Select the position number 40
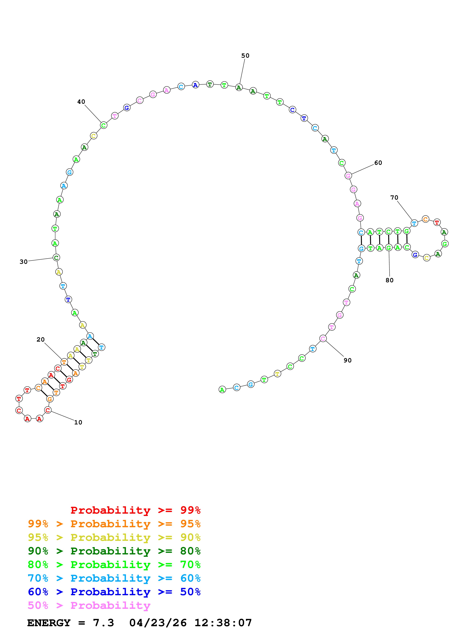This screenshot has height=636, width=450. tap(81, 102)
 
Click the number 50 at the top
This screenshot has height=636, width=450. tap(245, 55)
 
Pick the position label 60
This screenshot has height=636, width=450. tap(378, 163)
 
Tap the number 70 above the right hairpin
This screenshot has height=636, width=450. tap(394, 197)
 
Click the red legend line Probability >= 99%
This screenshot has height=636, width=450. tap(135, 510)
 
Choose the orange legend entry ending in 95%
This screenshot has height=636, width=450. tap(114, 524)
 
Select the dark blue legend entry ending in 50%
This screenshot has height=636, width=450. tap(114, 592)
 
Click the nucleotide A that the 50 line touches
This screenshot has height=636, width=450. tap(239, 88)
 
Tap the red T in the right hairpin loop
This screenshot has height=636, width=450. tap(437, 222)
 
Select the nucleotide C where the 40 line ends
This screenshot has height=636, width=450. tap(103, 125)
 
